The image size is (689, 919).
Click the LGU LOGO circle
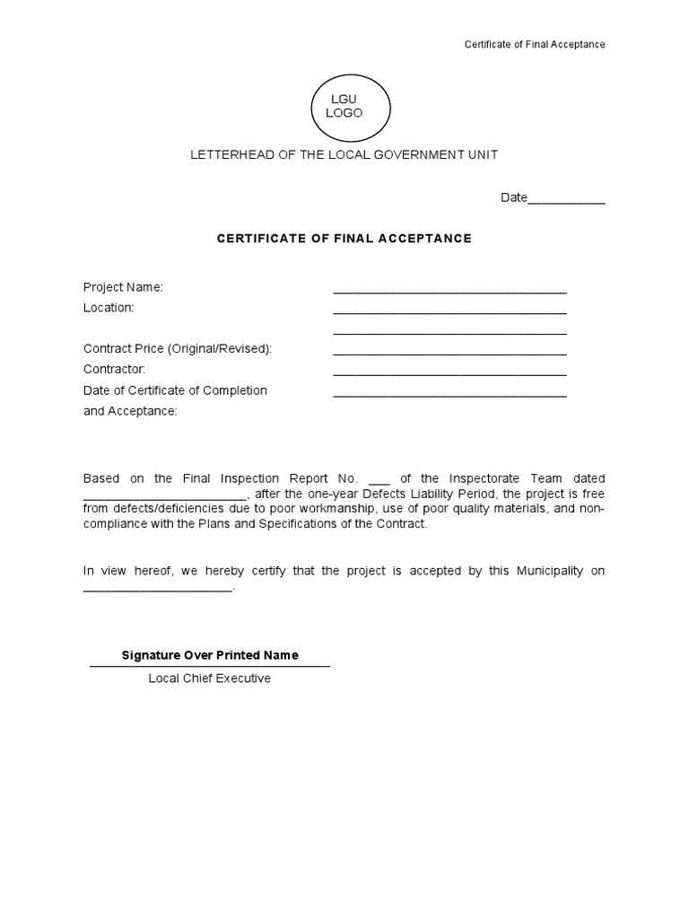pos(349,107)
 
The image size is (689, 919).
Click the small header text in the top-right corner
pos(534,45)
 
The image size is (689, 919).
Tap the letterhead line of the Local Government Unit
pos(344,155)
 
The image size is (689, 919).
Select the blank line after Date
pos(567,199)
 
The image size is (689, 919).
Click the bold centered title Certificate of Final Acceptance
pos(344,239)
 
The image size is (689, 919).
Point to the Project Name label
pos(123,287)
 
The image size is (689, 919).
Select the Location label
pos(109,308)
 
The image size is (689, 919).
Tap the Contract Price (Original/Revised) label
pos(177,349)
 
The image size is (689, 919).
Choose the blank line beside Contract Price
pos(449,351)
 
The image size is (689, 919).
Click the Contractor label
pos(114,370)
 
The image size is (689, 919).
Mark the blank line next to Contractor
pos(449,372)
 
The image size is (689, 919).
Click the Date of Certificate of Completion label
pos(175,390)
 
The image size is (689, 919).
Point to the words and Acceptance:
pos(130,411)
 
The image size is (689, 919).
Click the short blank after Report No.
pos(379,481)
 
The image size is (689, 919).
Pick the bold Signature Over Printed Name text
pos(210,655)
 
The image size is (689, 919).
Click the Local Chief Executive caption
pos(210,678)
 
